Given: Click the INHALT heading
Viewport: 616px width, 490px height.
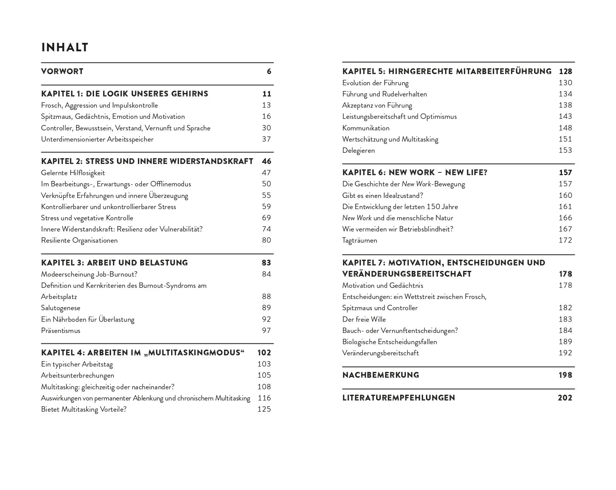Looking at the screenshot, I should tap(64, 47).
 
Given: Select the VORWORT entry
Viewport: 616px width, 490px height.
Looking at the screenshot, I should tap(62, 71).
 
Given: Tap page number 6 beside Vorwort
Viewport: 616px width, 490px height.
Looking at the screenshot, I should tap(269, 71).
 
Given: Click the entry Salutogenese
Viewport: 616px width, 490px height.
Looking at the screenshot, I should tap(61, 308).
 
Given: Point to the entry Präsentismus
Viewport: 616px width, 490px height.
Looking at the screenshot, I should tap(61, 331).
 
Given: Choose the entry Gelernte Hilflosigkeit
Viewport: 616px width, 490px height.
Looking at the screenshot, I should tap(73, 173).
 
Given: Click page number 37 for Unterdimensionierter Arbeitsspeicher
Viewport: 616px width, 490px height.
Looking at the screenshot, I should tap(266, 139).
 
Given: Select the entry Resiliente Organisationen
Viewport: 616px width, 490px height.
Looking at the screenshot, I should tap(79, 240).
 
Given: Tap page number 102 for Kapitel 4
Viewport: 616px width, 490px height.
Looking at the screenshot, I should tap(264, 353).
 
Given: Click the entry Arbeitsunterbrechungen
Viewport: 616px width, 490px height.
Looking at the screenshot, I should tap(77, 375).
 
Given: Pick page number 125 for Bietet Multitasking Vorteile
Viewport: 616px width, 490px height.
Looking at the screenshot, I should tap(264, 409).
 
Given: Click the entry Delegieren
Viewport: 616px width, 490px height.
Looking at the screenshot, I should tap(358, 150).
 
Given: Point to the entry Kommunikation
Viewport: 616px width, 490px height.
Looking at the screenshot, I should tap(366, 128).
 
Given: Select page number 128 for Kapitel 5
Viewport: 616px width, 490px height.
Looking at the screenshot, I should tap(565, 71).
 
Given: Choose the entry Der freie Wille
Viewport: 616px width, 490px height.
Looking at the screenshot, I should tap(364, 319).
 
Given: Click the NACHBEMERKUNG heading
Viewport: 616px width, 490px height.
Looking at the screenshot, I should tap(380, 375).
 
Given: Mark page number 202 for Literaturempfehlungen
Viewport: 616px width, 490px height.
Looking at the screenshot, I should tap(565, 398).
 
